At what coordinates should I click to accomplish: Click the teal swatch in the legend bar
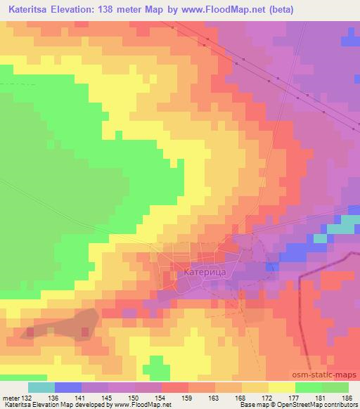[x=41, y=387]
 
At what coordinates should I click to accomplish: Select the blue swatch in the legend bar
[x=68, y=387]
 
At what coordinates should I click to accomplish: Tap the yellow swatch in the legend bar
[x=282, y=387]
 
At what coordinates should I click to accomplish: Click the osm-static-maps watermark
[x=330, y=375]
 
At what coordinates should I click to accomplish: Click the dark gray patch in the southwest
[x=60, y=325]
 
